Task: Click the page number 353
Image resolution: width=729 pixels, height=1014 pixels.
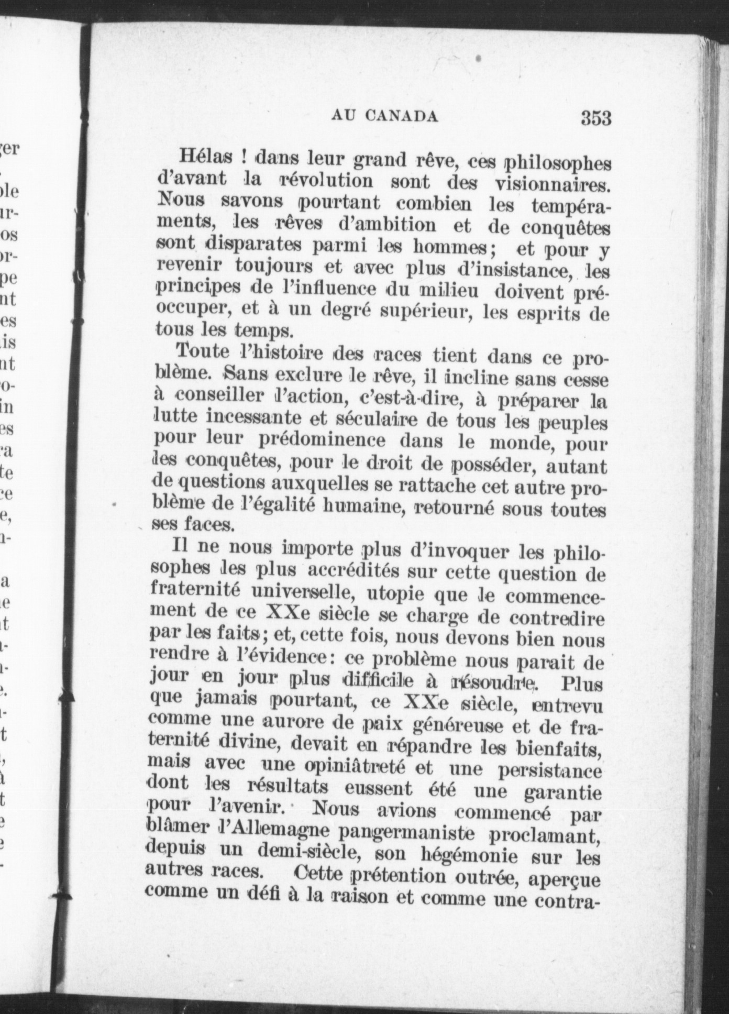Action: [x=595, y=118]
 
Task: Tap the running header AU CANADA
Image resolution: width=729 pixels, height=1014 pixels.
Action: [x=384, y=116]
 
